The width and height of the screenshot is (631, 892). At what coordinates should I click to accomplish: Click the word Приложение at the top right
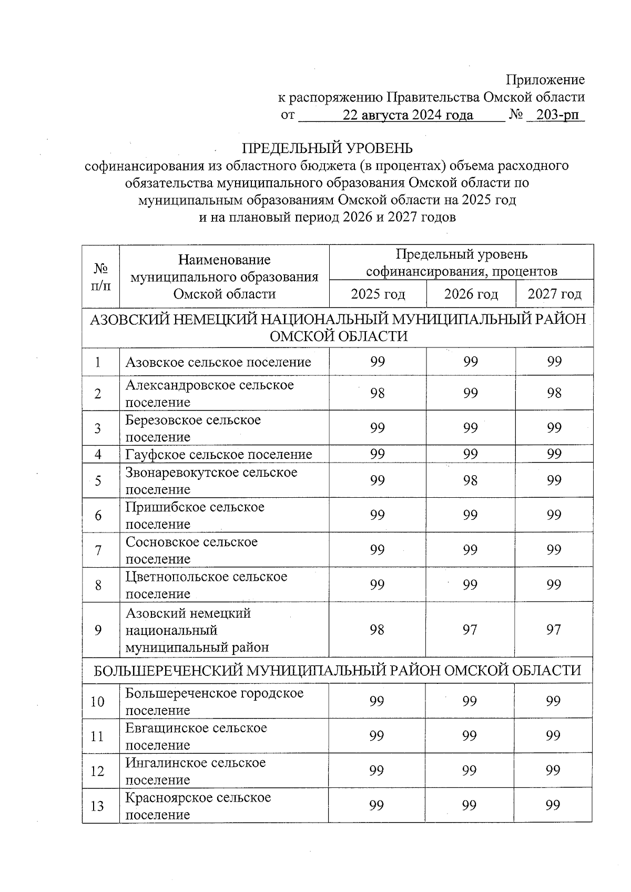pyautogui.click(x=545, y=80)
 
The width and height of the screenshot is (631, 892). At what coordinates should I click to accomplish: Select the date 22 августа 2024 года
pyautogui.click(x=408, y=115)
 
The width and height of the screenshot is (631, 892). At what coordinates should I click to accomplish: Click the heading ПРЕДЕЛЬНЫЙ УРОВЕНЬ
pyautogui.click(x=327, y=148)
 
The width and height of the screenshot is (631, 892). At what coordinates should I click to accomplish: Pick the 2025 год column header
pyautogui.click(x=378, y=294)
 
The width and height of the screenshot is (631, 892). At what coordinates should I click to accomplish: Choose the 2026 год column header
pyautogui.click(x=471, y=294)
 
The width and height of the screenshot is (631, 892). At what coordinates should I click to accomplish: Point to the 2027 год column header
pyautogui.click(x=554, y=294)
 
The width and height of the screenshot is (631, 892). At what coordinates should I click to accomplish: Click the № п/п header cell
pyautogui.click(x=101, y=276)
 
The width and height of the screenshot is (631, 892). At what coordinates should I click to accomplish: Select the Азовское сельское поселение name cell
pyautogui.click(x=218, y=362)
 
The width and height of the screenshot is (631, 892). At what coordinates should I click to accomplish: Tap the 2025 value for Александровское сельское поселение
pyautogui.click(x=377, y=393)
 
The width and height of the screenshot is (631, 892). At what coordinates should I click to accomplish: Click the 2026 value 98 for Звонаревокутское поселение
pyautogui.click(x=470, y=480)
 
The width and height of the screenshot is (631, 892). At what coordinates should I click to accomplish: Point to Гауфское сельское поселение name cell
pyautogui.click(x=219, y=454)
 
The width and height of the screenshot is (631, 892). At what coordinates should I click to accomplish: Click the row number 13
pyautogui.click(x=98, y=806)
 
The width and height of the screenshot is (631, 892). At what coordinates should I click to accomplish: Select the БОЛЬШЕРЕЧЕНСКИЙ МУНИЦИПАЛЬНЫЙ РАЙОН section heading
pyautogui.click(x=337, y=670)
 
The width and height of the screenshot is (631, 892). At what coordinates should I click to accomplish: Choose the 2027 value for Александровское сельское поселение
pyautogui.click(x=554, y=393)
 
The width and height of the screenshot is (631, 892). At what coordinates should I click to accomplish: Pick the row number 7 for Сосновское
pyautogui.click(x=98, y=550)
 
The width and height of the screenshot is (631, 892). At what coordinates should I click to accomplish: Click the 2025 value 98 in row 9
pyautogui.click(x=377, y=629)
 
